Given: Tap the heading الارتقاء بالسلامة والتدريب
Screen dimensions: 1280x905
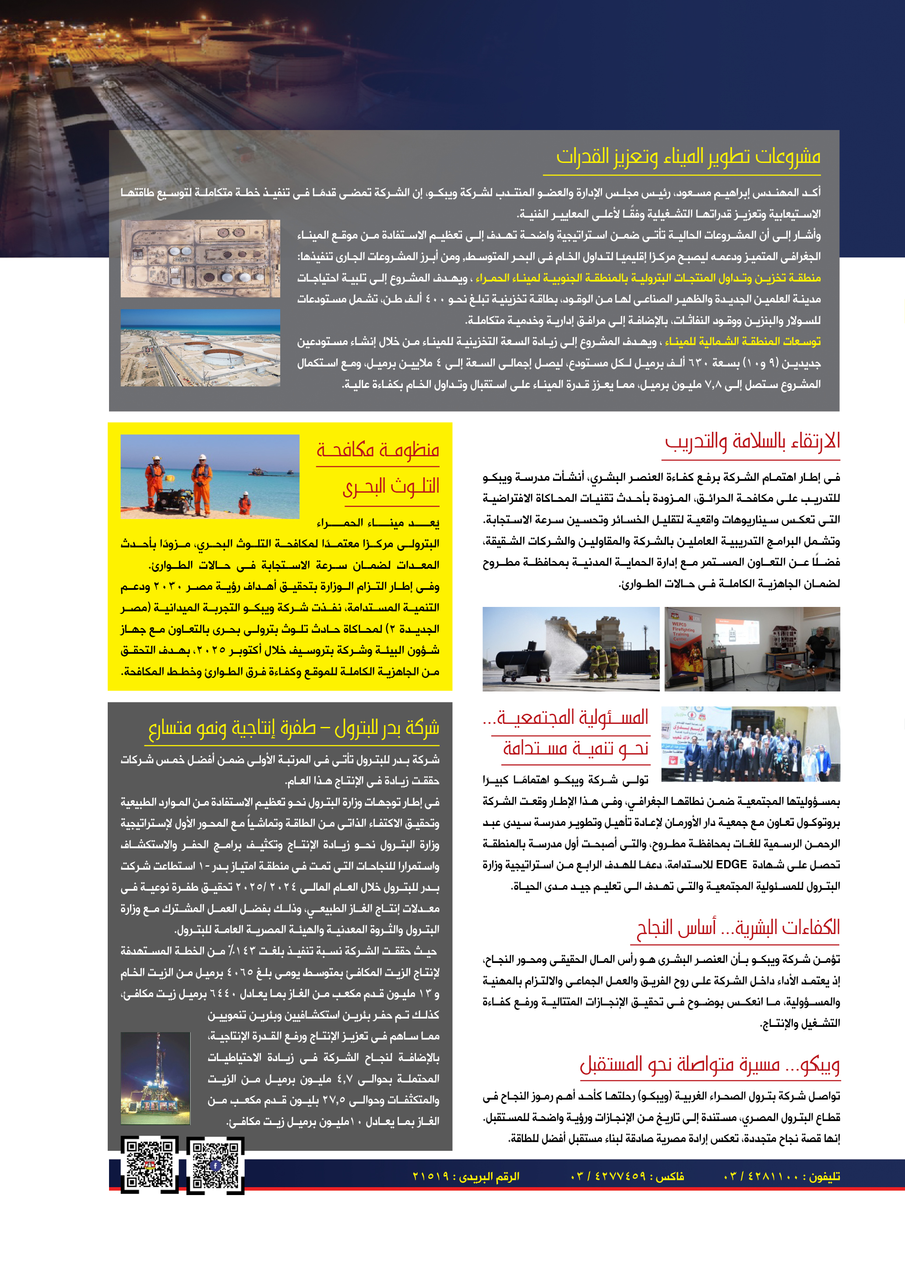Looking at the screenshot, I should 752,441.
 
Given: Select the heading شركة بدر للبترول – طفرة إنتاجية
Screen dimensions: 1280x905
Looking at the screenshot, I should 294,727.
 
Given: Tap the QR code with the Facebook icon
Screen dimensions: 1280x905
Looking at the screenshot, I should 215,1165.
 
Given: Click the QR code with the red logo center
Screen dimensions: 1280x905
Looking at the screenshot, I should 149,1165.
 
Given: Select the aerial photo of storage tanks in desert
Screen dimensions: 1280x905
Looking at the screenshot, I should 200,258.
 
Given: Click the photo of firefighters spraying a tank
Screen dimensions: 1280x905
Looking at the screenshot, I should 570,649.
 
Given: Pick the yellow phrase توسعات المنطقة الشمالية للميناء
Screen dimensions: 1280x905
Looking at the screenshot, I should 743,341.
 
